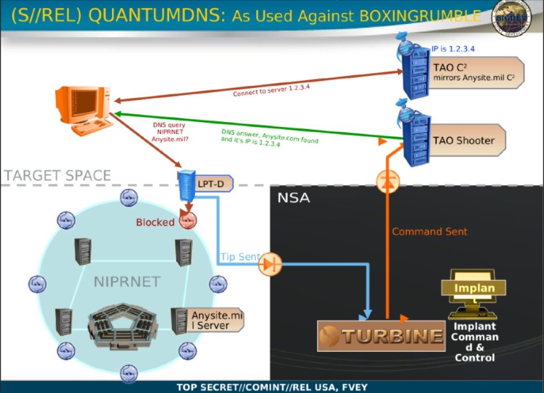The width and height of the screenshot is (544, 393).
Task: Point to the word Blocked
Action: pyautogui.click(x=155, y=222)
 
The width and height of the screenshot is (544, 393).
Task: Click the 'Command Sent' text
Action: pyautogui.click(x=430, y=231)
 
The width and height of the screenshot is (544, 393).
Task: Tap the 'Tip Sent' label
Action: pyautogui.click(x=240, y=257)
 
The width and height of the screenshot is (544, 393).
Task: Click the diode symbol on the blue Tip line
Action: pyautogui.click(x=270, y=264)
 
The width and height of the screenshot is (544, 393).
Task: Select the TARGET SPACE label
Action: pyautogui.click(x=58, y=176)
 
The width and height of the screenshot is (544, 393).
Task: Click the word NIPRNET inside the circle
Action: pyautogui.click(x=127, y=281)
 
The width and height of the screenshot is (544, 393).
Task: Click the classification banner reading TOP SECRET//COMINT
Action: pyautogui.click(x=271, y=387)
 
